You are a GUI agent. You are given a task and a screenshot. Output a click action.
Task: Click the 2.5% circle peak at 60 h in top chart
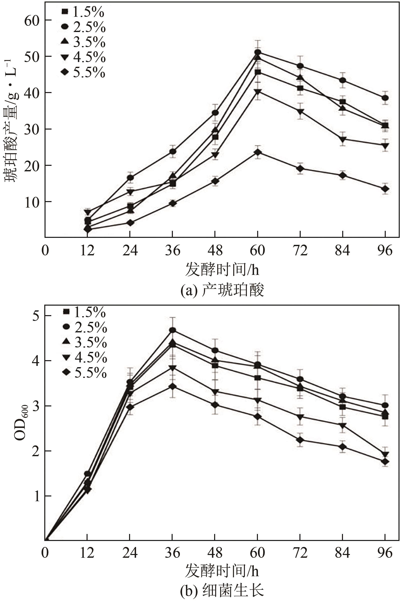point(257,53)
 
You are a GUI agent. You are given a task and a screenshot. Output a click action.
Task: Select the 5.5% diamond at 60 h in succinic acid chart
point(257,152)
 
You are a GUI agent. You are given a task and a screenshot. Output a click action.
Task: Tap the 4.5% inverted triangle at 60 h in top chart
point(257,92)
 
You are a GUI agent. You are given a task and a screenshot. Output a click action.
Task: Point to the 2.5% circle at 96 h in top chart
point(385,98)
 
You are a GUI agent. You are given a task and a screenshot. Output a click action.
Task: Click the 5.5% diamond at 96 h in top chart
point(385,189)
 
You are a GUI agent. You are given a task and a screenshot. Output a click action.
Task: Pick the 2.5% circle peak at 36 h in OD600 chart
point(172,330)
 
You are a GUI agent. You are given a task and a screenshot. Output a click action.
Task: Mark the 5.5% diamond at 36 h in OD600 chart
point(172,386)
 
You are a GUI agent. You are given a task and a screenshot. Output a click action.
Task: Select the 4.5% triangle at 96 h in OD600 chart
point(385,454)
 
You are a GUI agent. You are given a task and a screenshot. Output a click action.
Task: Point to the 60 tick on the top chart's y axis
point(34,20)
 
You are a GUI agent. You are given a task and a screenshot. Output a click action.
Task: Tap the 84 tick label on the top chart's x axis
point(342,250)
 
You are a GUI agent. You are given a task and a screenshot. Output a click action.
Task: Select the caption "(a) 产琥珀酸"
point(222,291)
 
